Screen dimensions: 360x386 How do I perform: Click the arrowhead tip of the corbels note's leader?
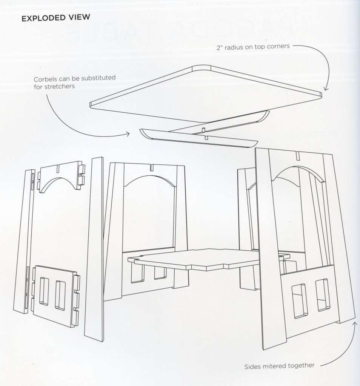[129, 134]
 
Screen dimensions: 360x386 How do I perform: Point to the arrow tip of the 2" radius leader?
[326, 90]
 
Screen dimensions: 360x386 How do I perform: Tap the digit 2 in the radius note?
[218, 48]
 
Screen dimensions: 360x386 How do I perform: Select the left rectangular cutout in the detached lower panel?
[44, 291]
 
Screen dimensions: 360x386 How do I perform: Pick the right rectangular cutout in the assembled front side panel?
[323, 295]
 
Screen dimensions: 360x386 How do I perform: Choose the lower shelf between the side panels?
[209, 260]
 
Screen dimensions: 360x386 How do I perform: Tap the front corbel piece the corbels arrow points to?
[198, 138]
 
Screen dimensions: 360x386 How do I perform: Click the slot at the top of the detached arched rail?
[57, 168]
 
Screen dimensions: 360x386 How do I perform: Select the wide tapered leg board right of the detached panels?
[94, 249]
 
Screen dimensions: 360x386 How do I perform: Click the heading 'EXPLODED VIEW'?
[56, 18]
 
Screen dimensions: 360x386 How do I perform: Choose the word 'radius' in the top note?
[234, 47]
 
